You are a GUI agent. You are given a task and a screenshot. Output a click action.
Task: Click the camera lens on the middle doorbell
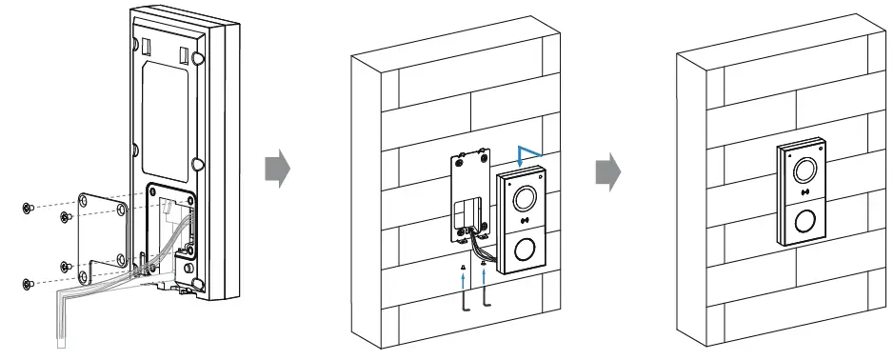(523, 199)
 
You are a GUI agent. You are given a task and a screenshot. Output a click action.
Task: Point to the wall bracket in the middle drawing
(469, 195)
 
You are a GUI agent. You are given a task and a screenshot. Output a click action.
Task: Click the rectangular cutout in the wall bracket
(469, 211)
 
